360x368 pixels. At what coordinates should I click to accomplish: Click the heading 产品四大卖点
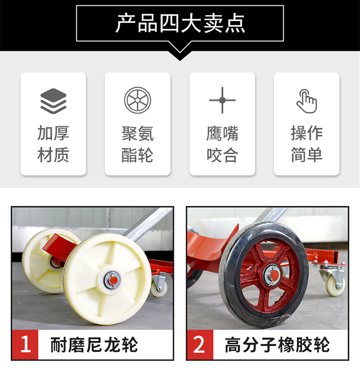(x=180, y=23)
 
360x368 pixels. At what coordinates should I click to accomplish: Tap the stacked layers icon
(x=53, y=101)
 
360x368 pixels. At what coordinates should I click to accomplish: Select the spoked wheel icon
(x=138, y=100)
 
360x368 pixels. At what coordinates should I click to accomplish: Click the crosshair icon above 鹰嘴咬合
(x=222, y=100)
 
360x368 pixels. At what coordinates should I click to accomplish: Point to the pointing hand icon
(x=307, y=101)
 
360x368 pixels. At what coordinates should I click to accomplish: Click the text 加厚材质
(x=53, y=144)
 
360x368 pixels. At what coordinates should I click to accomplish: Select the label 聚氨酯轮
(x=138, y=144)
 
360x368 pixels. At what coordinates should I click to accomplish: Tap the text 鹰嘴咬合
(x=222, y=144)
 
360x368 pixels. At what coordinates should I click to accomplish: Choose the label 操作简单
(x=307, y=144)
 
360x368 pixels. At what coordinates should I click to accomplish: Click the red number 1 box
(x=25, y=345)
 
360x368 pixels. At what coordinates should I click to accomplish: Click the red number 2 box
(x=200, y=345)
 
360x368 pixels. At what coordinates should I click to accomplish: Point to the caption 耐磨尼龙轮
(x=94, y=345)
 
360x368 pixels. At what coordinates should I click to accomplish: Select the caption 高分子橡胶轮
(x=277, y=345)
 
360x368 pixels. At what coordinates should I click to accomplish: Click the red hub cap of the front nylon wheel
(x=113, y=280)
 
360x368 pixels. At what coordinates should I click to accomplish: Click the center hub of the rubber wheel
(x=273, y=274)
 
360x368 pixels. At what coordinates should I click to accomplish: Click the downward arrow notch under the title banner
(x=180, y=55)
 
